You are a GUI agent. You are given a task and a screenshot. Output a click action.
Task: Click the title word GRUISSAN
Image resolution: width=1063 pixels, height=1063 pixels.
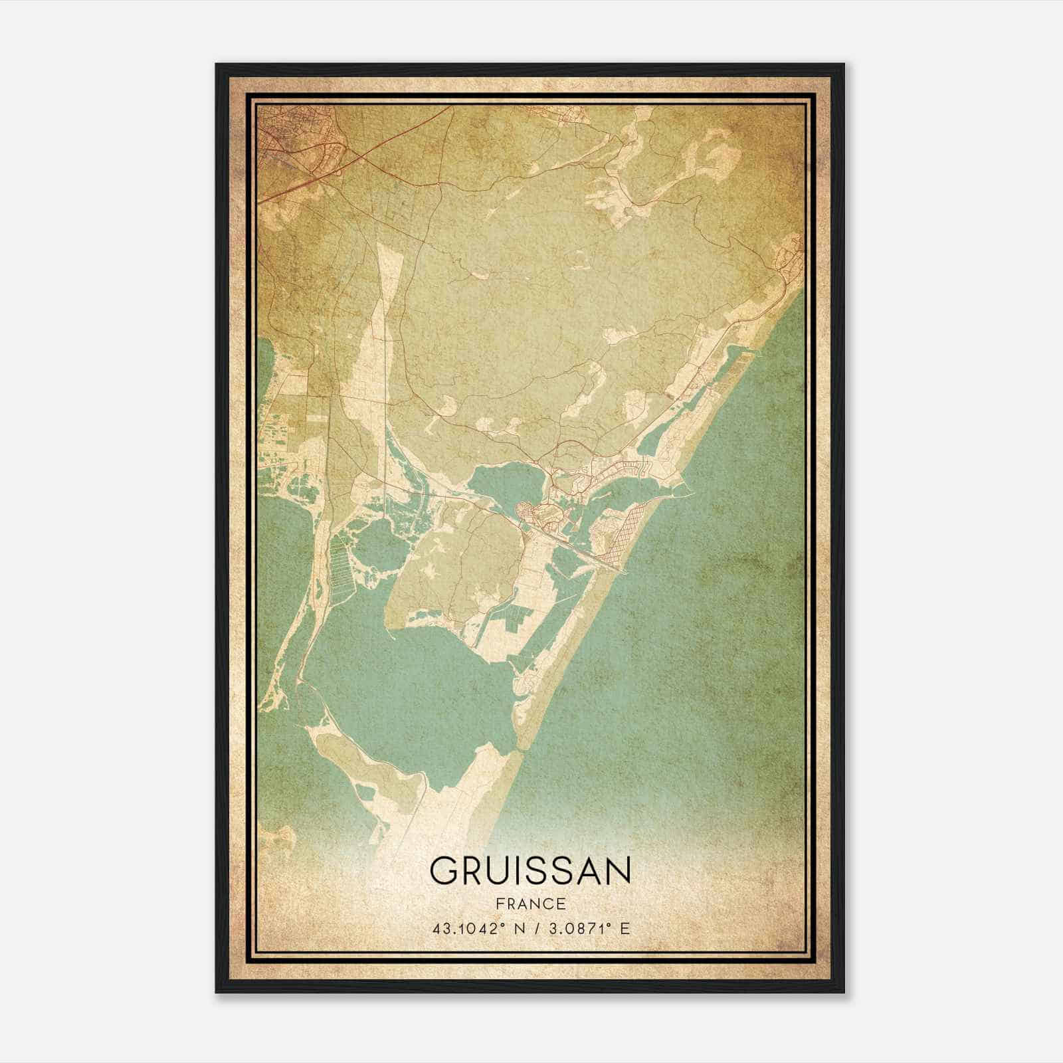point(530,870)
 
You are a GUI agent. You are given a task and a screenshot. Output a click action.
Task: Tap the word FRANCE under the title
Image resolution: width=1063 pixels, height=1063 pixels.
point(530,904)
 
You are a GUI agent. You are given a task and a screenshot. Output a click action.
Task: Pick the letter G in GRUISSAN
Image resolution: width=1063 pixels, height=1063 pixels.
point(444,870)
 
